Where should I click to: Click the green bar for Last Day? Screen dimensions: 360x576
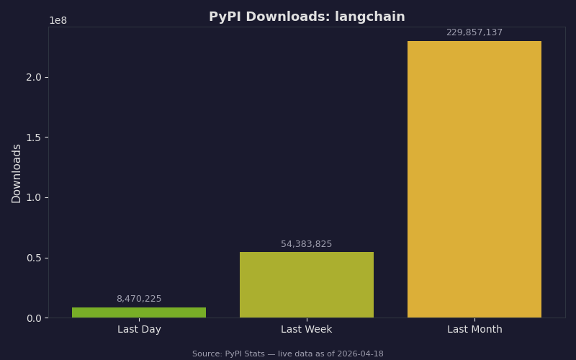click(139, 312)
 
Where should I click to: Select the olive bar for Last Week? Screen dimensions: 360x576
click(307, 284)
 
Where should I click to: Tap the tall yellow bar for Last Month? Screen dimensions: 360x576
click(474, 179)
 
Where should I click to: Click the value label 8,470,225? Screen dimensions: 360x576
click(139, 299)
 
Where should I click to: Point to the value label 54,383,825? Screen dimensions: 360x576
click(307, 244)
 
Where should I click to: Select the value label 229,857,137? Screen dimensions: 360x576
click(474, 32)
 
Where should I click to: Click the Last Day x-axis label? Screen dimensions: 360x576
click(139, 330)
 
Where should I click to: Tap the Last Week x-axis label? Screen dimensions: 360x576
click(307, 330)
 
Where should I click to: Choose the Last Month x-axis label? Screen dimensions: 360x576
click(474, 330)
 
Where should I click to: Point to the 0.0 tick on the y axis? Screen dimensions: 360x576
click(34, 318)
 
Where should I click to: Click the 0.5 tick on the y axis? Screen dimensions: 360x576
click(34, 258)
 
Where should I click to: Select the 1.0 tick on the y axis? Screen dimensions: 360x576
click(34, 197)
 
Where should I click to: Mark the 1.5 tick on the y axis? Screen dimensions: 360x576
click(34, 138)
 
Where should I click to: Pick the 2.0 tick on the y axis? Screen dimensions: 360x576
click(34, 77)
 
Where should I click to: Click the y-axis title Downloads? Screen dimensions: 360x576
click(17, 173)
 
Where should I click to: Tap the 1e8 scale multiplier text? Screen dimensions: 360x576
click(58, 21)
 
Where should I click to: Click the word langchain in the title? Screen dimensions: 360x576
click(369, 17)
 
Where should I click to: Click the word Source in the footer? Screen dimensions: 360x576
click(207, 354)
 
